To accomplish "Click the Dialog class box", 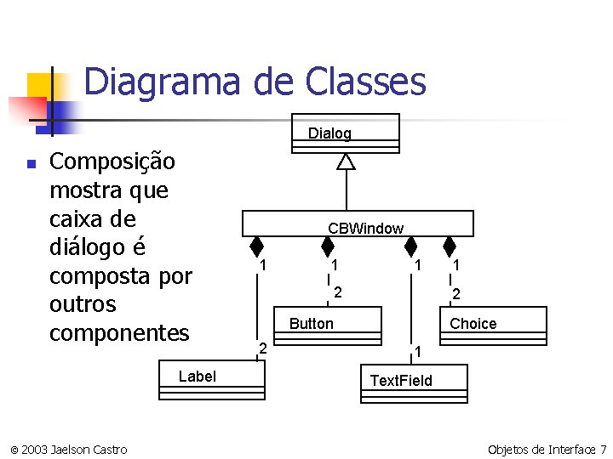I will pos(345,133).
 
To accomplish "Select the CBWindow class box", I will pos(357,225).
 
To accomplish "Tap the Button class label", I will pos(312,324).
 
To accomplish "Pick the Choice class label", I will pos(473,324).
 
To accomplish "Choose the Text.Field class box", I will pos(401,380).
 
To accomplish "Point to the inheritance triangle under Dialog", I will pos(346,161).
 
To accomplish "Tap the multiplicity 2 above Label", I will pos(263,348).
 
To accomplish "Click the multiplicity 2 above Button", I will pos(338,292).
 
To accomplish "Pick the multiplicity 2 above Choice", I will pos(457,294).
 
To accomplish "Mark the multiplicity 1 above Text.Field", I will pos(418,351).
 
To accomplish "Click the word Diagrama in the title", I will pos(163,82).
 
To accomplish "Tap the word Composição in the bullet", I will pos(113,161).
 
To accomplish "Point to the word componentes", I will pos(119,332).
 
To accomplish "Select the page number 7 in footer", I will pos(603,449).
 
